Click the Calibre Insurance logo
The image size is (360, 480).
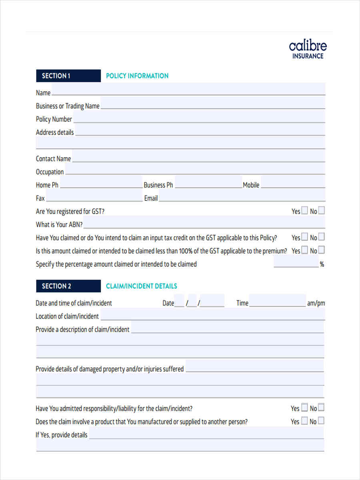coord(308,50)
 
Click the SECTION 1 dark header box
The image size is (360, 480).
coord(68,76)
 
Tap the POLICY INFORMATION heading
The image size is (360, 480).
coord(137,76)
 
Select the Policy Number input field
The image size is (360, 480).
coord(199,118)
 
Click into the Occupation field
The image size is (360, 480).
coord(195,171)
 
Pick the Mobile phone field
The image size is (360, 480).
coord(293,184)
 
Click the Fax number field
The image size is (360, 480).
coord(94,198)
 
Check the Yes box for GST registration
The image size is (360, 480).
coord(305,210)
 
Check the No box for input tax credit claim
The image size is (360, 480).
coord(321,237)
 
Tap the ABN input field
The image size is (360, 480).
coord(204,224)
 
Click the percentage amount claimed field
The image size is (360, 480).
coord(296,263)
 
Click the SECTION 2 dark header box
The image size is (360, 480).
coord(68,286)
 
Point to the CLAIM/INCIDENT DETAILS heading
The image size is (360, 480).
coord(141,286)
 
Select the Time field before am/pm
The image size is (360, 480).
coord(277,302)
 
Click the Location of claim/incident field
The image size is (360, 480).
coord(212,316)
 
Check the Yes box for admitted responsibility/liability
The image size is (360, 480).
coord(304,408)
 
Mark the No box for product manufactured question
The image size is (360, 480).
coord(321,421)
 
